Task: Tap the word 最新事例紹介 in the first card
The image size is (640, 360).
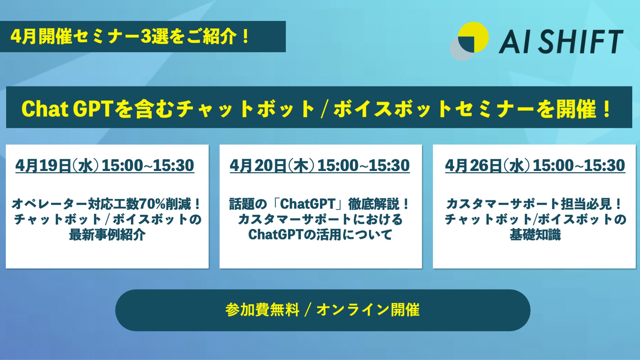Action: click(x=107, y=235)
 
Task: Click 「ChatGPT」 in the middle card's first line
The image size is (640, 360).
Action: click(x=308, y=204)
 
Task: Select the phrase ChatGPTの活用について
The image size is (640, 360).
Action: click(x=320, y=235)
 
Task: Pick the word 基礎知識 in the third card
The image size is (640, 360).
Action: click(x=535, y=235)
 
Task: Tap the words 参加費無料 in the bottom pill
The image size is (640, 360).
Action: click(x=262, y=310)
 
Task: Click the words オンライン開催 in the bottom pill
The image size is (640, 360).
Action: click(x=368, y=310)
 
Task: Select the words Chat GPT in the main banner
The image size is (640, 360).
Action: click(x=67, y=109)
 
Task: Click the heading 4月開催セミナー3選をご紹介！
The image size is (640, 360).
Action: click(x=131, y=36)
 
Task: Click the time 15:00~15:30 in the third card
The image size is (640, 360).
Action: click(x=579, y=165)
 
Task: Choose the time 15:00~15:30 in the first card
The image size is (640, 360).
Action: click(x=148, y=165)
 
